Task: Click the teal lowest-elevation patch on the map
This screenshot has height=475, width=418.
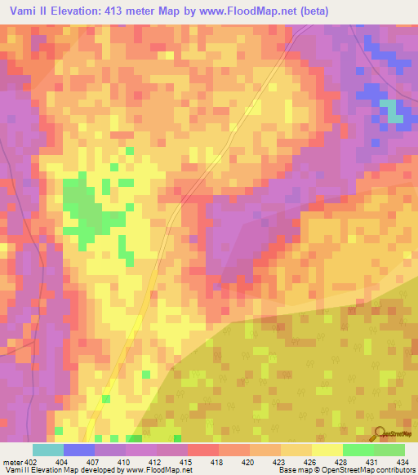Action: tap(395, 111)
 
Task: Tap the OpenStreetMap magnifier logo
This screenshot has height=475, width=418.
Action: tap(380, 435)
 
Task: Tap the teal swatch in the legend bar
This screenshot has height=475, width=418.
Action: tap(48, 450)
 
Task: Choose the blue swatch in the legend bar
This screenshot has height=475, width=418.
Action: tap(79, 450)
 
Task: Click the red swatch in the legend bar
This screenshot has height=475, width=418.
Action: tap(203, 450)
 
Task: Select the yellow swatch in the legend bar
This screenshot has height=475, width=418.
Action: tap(327, 450)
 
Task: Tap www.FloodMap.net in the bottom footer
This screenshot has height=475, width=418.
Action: tap(156, 470)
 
